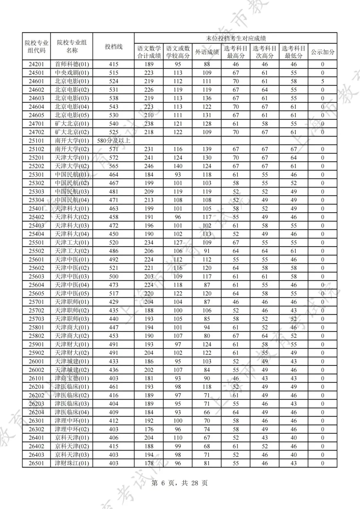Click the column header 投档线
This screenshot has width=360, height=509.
pos(113,47)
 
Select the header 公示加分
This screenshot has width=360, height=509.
pos(322,52)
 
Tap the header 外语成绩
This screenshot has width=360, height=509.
pos(207,52)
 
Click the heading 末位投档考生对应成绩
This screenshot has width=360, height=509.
pos(235,38)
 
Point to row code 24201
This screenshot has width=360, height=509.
pos(36,64)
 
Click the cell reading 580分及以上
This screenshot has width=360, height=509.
pos(113,141)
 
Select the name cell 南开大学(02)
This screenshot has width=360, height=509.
pos(72,149)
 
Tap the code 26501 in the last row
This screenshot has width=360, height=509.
pos(36,463)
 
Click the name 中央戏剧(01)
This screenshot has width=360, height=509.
pos(72,73)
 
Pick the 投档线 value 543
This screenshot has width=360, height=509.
pos(113,107)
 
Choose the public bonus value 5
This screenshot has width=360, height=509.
pos(322,81)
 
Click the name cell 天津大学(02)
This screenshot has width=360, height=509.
pos(72,166)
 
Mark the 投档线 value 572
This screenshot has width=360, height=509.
pos(113,158)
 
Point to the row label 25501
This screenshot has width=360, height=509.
pos(36,243)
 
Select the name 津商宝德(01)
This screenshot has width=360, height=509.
pos(72,378)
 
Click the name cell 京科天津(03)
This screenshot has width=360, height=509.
pos(72,455)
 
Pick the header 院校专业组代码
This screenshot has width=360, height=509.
pos(36,47)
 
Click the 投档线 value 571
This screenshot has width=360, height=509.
pos(113,149)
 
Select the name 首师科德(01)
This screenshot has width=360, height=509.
pos(72,64)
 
